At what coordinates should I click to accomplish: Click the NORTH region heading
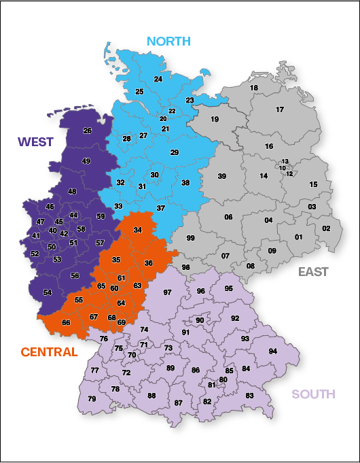(x=169, y=41)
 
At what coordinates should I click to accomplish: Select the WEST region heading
(x=37, y=141)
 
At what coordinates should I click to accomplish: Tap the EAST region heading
(x=313, y=272)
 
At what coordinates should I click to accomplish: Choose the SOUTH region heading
(x=313, y=394)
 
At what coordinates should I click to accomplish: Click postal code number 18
(x=254, y=88)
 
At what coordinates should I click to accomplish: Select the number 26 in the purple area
(x=87, y=131)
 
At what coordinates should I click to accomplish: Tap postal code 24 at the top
(x=158, y=80)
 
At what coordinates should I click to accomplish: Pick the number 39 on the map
(x=221, y=176)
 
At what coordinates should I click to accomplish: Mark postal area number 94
(x=273, y=351)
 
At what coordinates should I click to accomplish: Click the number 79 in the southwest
(x=92, y=399)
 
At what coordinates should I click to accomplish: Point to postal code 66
(x=66, y=322)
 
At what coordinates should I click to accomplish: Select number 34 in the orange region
(x=138, y=230)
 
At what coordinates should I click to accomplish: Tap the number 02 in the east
(x=327, y=228)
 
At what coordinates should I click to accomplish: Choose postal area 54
(x=48, y=292)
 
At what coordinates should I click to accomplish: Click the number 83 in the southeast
(x=249, y=396)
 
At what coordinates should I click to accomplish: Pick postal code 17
(x=280, y=110)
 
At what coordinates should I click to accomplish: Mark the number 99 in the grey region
(x=191, y=238)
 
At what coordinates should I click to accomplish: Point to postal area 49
(x=86, y=161)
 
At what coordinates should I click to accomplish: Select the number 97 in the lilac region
(x=168, y=292)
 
